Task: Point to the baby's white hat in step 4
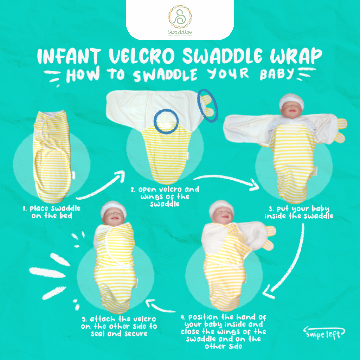coord(221,207)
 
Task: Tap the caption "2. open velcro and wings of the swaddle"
coord(165,196)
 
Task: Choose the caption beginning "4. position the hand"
coord(223,331)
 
